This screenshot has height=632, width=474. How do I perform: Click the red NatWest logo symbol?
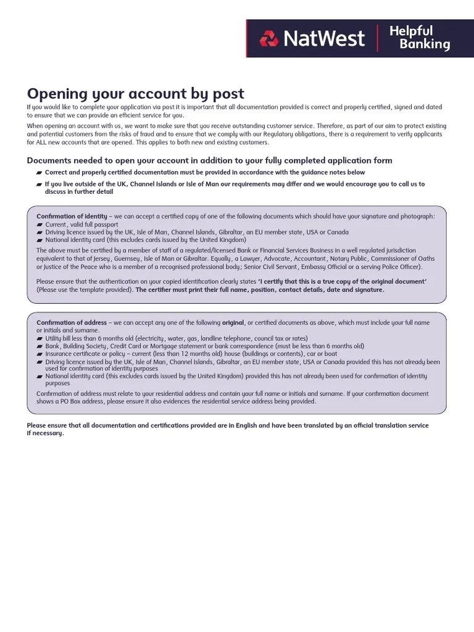click(269, 38)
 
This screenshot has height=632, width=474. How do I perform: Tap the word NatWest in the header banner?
click(323, 38)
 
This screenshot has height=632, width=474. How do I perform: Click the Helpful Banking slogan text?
click(420, 38)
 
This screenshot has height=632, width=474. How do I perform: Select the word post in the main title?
click(227, 94)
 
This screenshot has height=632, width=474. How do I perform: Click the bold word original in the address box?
click(233, 323)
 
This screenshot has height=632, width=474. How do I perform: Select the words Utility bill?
click(59, 339)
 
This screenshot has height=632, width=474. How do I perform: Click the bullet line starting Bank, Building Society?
click(204, 346)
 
